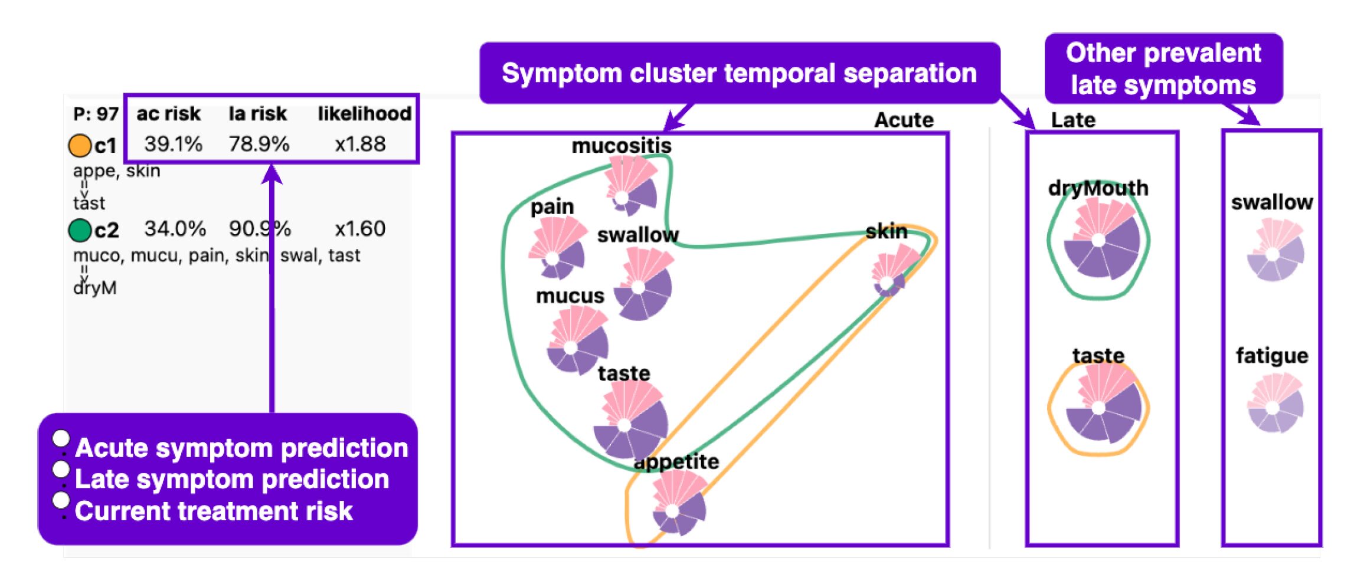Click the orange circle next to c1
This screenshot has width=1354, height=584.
coord(80,146)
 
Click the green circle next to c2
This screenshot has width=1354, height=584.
coord(80,230)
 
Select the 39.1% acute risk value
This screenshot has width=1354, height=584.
coord(173,144)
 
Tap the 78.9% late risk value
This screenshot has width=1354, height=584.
coord(259,144)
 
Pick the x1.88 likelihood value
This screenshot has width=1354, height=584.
coord(360,144)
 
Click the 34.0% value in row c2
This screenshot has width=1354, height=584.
coord(175,229)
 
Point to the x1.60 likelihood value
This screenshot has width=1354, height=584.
coord(360,229)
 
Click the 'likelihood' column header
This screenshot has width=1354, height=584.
coord(364,113)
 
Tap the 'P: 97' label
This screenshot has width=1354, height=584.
coord(96,114)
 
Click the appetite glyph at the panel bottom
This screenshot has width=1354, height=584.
coord(678,504)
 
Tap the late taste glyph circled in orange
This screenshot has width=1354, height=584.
coord(1100,407)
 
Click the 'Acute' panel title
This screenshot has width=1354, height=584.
coord(903,120)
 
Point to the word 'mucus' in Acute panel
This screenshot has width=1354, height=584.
coord(570,296)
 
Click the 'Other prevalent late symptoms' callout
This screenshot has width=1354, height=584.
coord(1163,68)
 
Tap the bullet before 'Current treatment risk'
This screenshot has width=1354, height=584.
coord(61,500)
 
